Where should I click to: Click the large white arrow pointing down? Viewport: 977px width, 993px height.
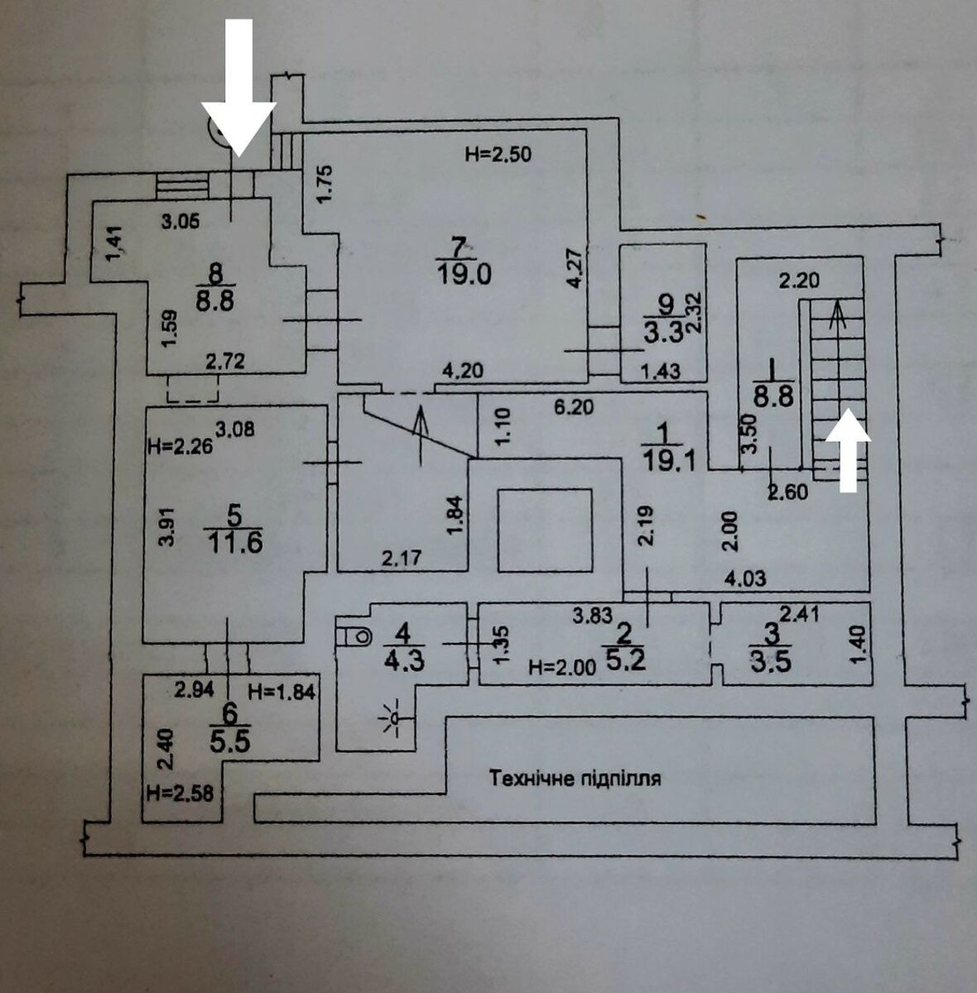click(x=239, y=99)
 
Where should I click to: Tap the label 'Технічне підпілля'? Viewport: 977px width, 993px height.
click(x=575, y=778)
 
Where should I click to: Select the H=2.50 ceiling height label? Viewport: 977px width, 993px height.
click(x=497, y=153)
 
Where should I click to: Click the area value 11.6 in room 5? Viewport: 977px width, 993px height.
click(x=234, y=543)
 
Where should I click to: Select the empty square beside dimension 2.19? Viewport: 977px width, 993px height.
click(x=544, y=530)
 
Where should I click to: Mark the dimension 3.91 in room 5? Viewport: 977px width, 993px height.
click(x=166, y=526)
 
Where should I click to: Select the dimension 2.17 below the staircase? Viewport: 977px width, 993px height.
click(x=402, y=558)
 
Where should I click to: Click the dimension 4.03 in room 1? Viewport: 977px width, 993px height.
click(x=745, y=578)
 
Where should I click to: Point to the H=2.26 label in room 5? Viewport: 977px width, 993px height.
click(x=180, y=448)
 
